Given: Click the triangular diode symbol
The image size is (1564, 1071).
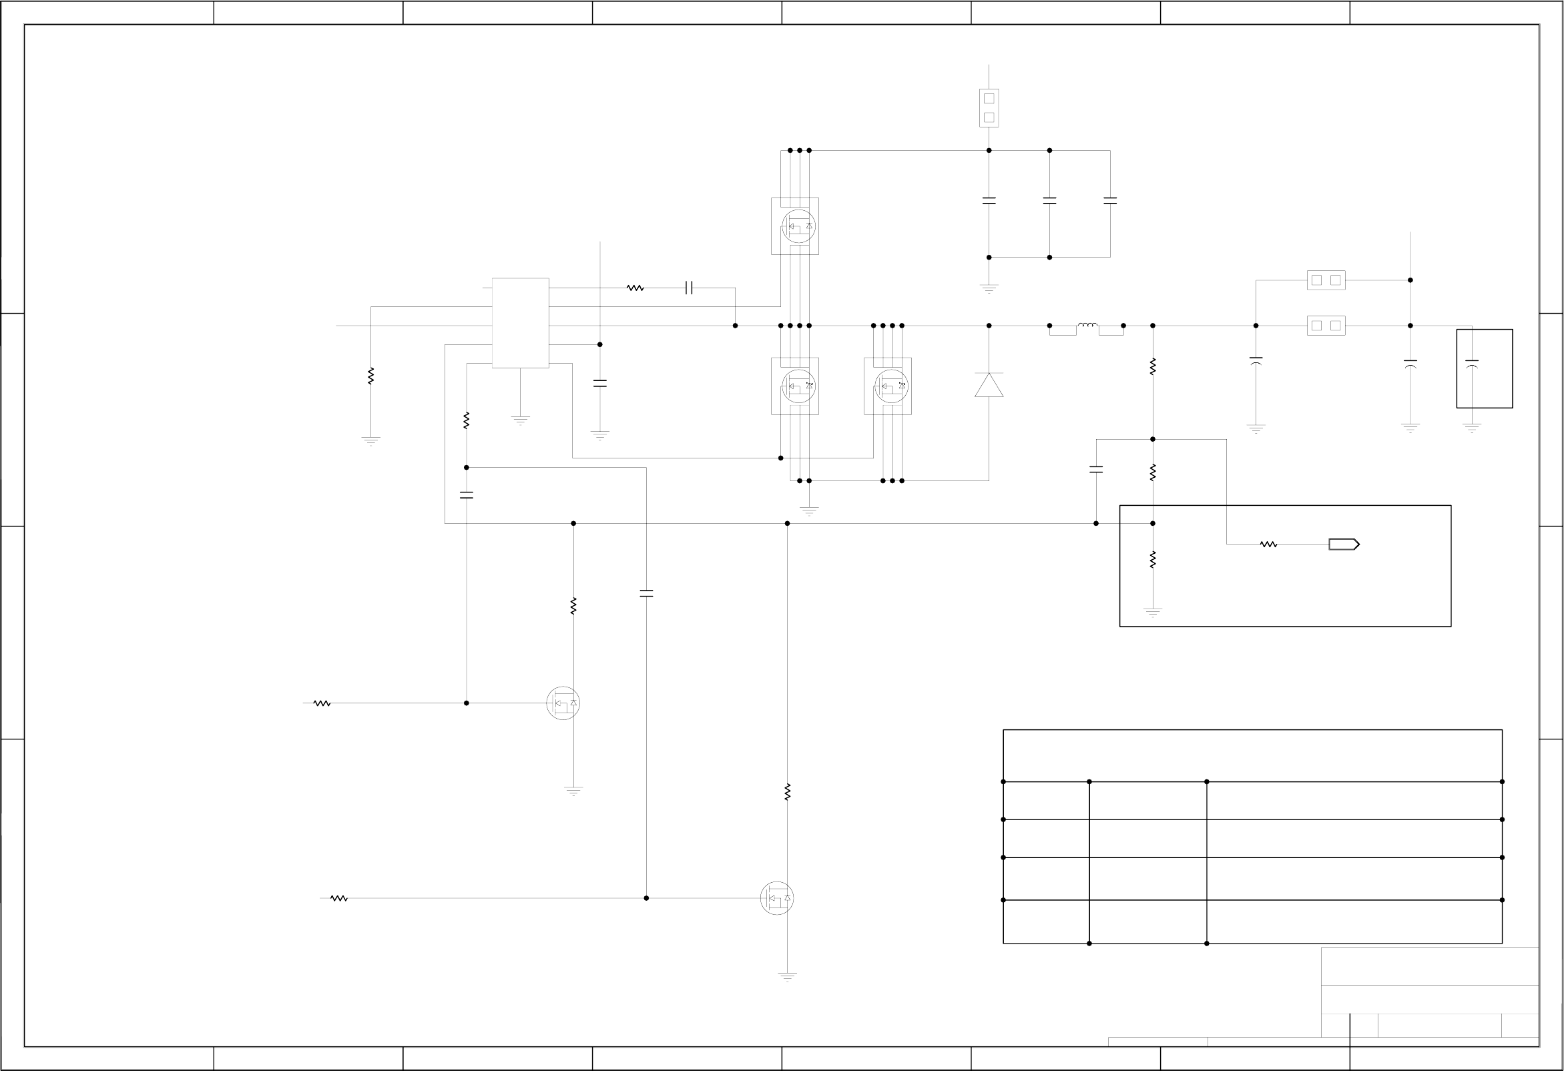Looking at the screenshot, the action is (x=989, y=385).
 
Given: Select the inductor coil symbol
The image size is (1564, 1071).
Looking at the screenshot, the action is (x=1087, y=326).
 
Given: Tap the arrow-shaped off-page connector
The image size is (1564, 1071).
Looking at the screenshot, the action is (x=1343, y=545).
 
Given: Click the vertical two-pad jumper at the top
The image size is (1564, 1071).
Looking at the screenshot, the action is (x=989, y=107).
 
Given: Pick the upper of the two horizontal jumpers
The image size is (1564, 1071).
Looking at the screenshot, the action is (x=1326, y=280).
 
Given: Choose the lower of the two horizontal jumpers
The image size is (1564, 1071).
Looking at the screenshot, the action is (x=1326, y=326).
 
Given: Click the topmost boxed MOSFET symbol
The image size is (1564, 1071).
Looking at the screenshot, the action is (x=795, y=226).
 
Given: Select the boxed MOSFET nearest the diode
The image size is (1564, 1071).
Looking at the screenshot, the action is (x=888, y=386).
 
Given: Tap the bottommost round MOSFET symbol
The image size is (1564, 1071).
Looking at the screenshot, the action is (x=777, y=898).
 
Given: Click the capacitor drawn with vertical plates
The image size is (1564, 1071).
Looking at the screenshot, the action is (x=688, y=288).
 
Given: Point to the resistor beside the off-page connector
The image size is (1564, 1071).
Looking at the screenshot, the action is (x=1268, y=545).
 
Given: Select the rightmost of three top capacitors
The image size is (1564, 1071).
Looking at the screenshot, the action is (x=1110, y=200).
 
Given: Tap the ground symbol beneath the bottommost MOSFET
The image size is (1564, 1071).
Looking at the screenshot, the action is (x=788, y=976).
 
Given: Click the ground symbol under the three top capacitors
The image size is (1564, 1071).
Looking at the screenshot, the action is (x=989, y=289).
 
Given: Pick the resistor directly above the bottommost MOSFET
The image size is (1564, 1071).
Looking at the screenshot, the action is (x=788, y=792).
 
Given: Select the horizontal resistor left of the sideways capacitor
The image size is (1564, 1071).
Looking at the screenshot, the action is (x=635, y=288).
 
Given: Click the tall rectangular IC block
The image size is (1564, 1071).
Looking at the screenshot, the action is (x=520, y=323).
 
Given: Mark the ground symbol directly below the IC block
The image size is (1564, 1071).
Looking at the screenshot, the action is (x=520, y=420).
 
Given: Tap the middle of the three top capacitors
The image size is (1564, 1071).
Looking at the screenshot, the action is (x=1049, y=200).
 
